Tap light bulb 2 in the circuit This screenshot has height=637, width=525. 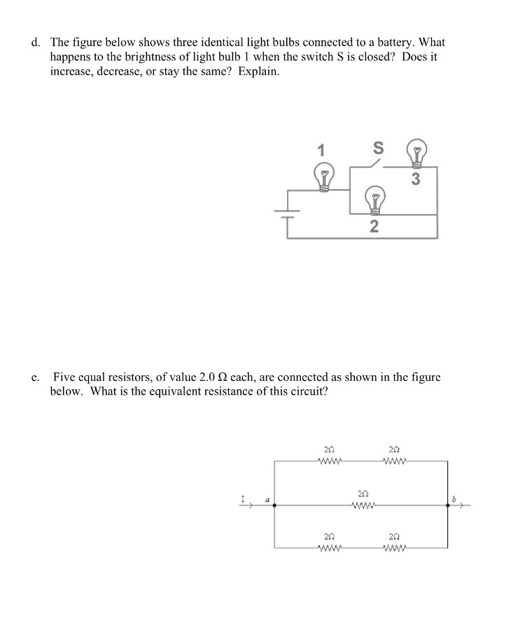(x=375, y=200)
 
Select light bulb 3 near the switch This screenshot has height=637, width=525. (x=418, y=155)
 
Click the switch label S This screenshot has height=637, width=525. (x=378, y=148)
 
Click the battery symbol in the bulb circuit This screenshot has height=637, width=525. (x=288, y=213)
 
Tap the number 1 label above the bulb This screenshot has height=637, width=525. (x=321, y=150)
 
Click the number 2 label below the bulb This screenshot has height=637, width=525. (x=374, y=226)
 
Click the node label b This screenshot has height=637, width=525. (x=454, y=498)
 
